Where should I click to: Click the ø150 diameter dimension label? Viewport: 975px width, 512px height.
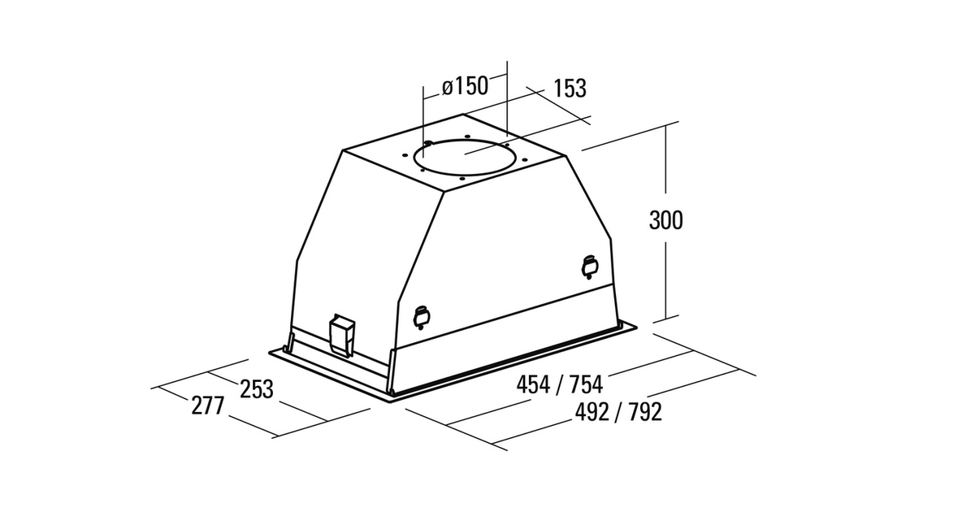pos(465,86)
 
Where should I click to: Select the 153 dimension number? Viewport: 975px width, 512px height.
pos(570,89)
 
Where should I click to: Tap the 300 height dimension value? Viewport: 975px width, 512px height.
pos(666,220)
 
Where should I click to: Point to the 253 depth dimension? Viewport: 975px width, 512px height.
pos(257,388)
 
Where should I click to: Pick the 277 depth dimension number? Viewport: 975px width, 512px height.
pos(208,406)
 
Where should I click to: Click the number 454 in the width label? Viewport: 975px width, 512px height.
pos(533,384)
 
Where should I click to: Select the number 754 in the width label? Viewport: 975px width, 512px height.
pos(587,384)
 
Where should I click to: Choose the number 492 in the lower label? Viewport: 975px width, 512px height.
pos(592,411)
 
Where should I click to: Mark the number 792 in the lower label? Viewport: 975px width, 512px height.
pos(645,411)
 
